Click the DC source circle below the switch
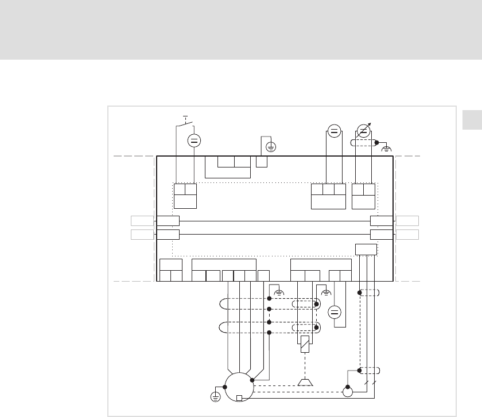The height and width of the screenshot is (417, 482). pos(194,141)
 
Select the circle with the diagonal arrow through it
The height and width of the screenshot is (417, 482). pos(363,131)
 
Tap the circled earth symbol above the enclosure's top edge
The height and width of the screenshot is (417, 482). pos(271,146)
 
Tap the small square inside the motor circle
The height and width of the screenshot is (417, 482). pos(239,398)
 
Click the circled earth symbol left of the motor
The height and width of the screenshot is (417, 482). pos(216,396)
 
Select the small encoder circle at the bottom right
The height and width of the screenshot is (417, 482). pos(347,392)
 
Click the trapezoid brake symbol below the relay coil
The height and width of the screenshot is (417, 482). pos(305,382)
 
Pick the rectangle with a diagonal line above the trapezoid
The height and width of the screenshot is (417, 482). pos(305,345)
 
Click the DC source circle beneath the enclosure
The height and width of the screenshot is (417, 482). pos(335,313)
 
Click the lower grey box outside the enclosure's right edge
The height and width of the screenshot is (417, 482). pos(406,234)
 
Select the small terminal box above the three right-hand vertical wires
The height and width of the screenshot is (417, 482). pos(366,249)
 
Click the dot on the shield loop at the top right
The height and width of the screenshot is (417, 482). pos(376,143)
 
